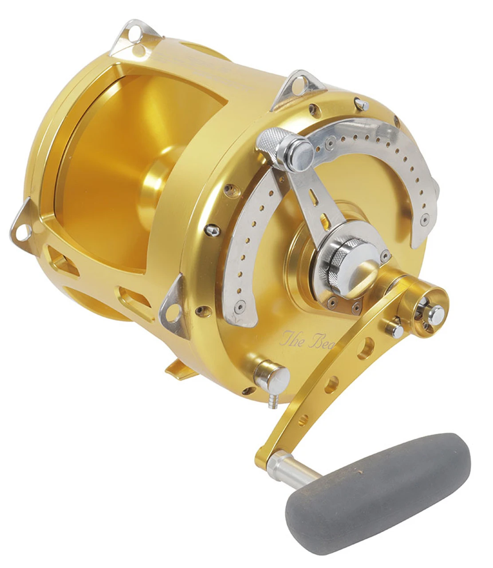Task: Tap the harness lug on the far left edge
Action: point(22,224)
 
